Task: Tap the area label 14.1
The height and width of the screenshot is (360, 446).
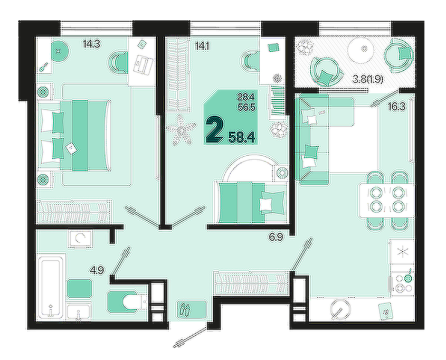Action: click(203, 45)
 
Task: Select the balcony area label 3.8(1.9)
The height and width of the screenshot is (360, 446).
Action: click(367, 79)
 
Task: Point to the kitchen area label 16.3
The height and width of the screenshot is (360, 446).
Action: click(397, 107)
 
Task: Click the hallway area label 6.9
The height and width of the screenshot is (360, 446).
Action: click(276, 237)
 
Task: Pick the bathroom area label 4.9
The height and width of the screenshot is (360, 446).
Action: click(97, 270)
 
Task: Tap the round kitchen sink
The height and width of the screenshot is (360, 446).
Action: click(340, 309)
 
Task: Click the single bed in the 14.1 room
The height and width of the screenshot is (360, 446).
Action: click(253, 203)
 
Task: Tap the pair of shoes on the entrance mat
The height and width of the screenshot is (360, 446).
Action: click(185, 310)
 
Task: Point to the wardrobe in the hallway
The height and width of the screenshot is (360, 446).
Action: click(252, 283)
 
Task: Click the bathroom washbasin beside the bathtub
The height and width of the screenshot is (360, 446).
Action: click(79, 311)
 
